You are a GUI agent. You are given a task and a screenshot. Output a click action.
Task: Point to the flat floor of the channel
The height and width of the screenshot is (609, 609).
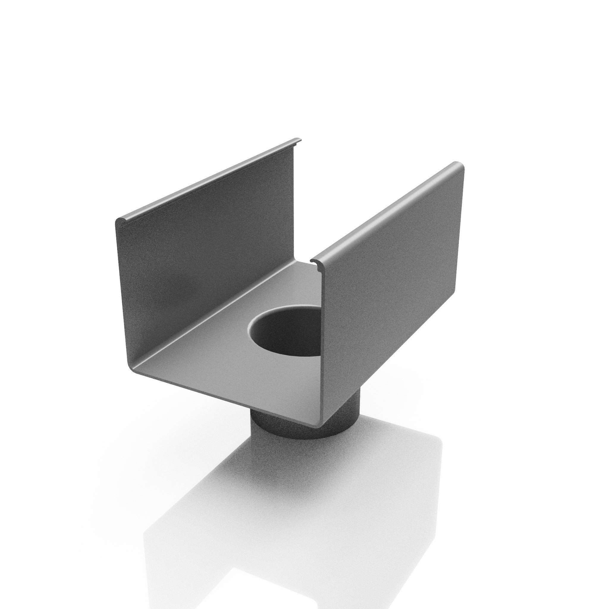click(x=221, y=353)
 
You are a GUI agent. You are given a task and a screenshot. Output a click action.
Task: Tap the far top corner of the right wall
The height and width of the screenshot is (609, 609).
click(x=460, y=166)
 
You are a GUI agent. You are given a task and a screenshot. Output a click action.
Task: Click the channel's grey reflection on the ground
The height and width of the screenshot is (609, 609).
click(x=284, y=504)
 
